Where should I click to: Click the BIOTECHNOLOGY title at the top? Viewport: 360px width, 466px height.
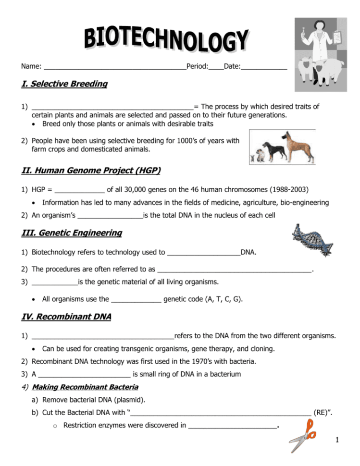tap(167, 40)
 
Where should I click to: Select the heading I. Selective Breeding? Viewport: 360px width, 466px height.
tap(64, 84)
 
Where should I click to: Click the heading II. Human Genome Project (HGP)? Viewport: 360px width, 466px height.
tap(91, 170)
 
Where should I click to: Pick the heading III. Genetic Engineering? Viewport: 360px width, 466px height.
tap(72, 233)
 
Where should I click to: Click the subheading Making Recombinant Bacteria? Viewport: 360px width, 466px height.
tap(85, 387)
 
